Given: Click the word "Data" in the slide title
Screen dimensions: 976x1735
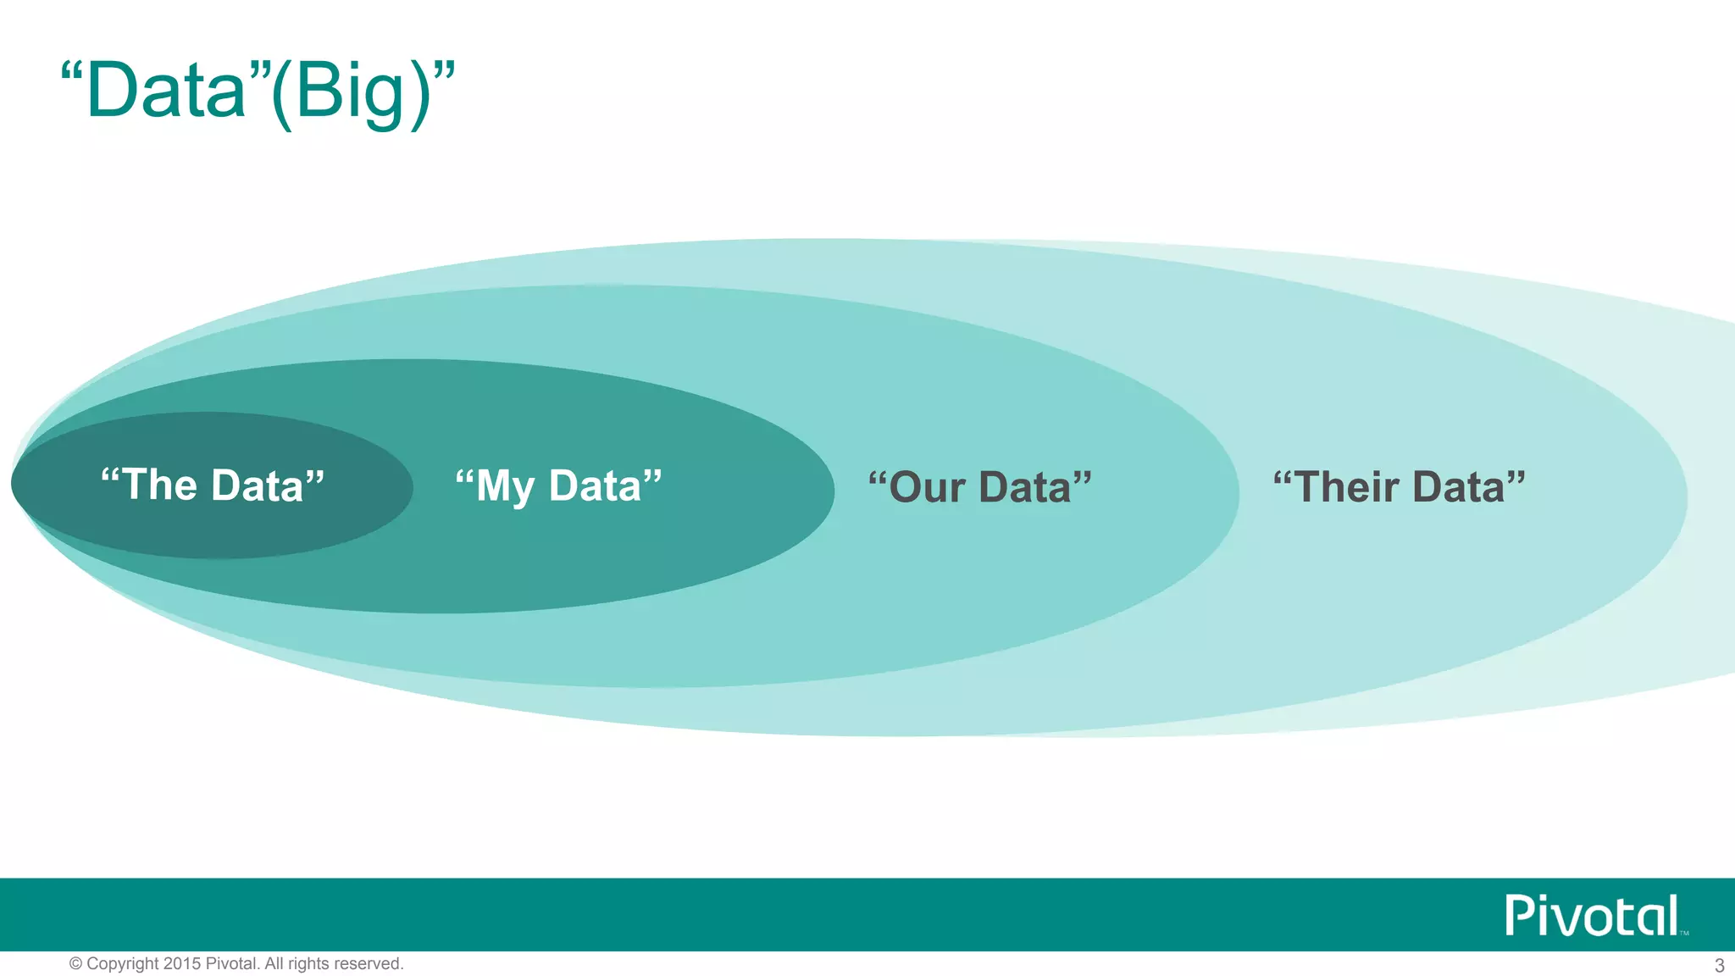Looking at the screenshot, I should (x=166, y=91).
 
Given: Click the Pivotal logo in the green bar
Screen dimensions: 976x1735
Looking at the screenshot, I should (x=1592, y=916).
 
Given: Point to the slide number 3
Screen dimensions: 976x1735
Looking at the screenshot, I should (x=1719, y=965).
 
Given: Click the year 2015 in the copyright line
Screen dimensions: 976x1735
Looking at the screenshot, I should (x=181, y=964).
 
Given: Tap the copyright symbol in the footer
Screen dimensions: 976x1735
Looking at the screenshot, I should (x=75, y=964).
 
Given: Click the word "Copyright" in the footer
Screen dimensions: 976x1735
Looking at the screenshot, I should (x=123, y=964).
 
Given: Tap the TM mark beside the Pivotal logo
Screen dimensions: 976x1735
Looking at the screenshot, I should (x=1684, y=933).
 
